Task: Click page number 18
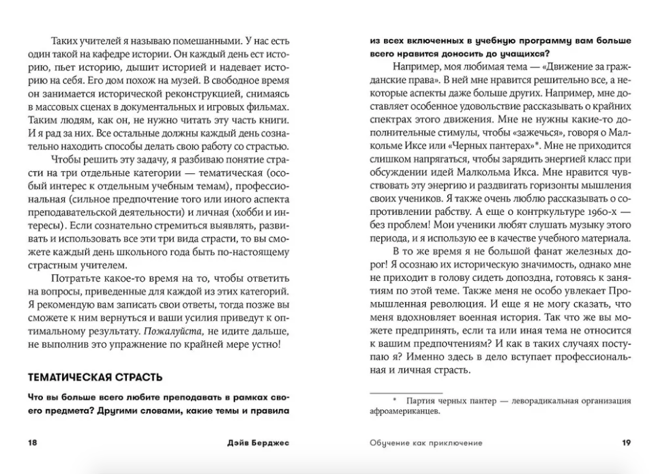(32, 443)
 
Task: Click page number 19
(626, 443)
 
